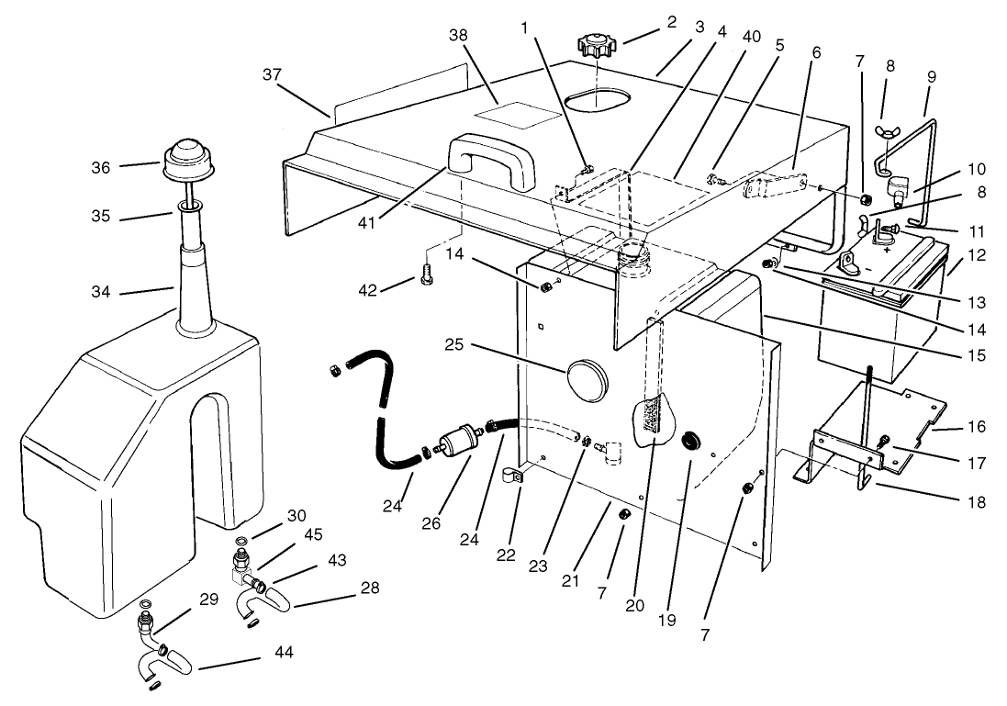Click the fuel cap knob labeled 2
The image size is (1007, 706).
(x=598, y=44)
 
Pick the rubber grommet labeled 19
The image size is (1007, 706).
(x=691, y=443)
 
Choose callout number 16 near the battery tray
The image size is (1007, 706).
(x=977, y=428)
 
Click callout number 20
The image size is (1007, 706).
(x=633, y=606)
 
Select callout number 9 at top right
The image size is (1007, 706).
(x=933, y=77)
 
